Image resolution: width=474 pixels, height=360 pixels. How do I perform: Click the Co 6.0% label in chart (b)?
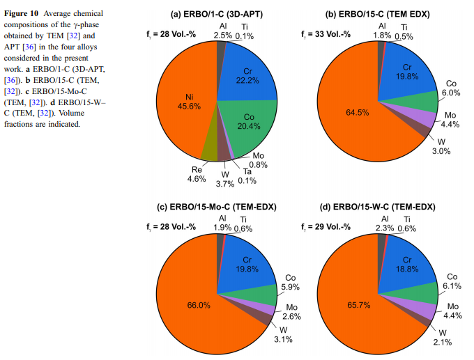tap(452, 88)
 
